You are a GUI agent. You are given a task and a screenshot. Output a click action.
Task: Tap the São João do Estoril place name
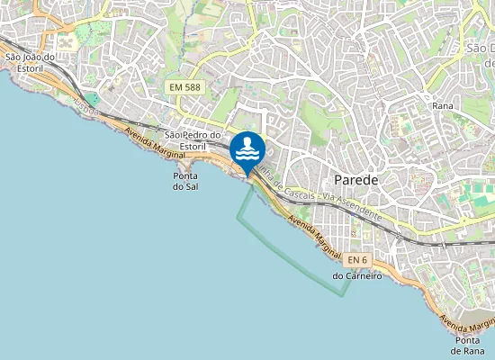(x=30, y=62)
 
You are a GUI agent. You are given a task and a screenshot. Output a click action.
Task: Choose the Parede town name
(x=355, y=179)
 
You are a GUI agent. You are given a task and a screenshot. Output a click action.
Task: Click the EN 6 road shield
(x=357, y=260)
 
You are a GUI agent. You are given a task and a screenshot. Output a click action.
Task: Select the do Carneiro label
(x=357, y=276)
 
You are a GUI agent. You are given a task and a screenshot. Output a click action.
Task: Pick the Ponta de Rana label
(x=466, y=345)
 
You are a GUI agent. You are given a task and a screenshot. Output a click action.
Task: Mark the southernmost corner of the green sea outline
(x=342, y=296)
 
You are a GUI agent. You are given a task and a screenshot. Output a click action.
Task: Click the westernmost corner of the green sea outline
(x=238, y=217)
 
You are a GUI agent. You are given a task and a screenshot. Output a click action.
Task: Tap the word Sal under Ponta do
(x=184, y=187)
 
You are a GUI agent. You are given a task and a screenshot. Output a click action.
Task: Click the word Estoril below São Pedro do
(x=193, y=146)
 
